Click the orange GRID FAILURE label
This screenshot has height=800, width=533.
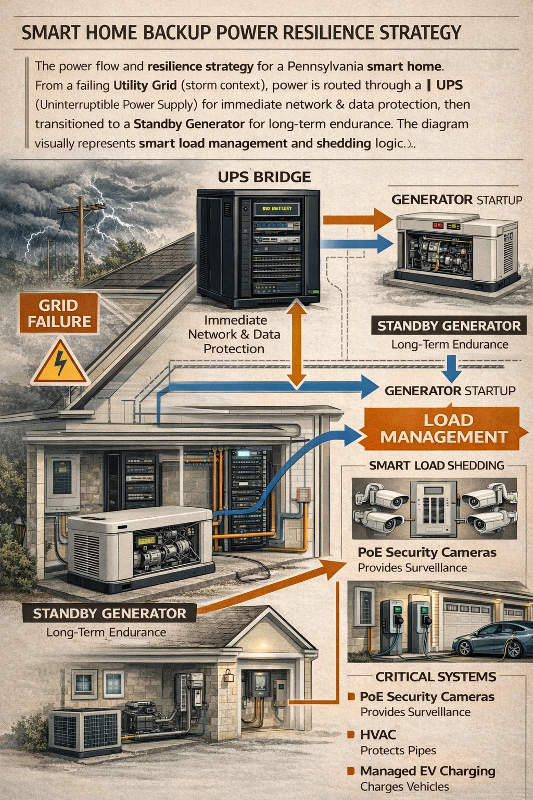coord(59,313)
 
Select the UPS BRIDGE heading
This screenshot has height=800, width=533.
coord(264,177)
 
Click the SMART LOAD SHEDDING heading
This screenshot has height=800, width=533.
coord(436,465)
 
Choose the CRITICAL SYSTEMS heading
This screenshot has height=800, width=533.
coord(436,677)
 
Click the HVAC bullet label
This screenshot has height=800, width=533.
coord(378,734)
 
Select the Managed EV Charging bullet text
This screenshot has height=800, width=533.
coord(427,771)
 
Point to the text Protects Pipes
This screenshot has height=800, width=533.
coord(398,750)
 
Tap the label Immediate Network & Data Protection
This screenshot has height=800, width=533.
coord(234,334)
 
